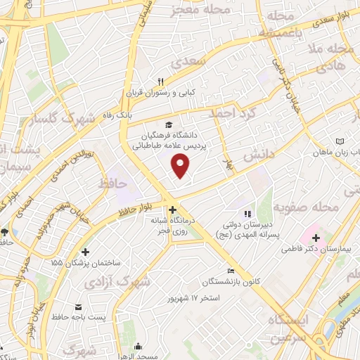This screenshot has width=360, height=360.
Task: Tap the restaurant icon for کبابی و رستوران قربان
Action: tap(161, 82)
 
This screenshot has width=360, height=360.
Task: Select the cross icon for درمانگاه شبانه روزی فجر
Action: tap(172, 209)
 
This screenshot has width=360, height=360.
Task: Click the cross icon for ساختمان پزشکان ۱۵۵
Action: tap(86, 252)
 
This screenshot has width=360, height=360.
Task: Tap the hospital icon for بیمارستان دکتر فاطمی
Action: tap(314, 238)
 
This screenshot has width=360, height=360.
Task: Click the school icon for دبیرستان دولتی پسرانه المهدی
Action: tap(246, 214)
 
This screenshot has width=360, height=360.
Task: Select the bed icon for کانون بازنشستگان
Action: tap(230, 271)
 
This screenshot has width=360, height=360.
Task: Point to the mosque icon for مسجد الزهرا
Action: tap(138, 346)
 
